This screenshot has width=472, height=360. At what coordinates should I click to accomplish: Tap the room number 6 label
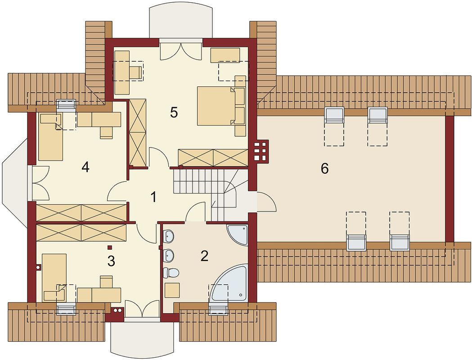(x=324, y=168)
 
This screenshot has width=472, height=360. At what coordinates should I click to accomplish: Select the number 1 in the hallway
(x=153, y=197)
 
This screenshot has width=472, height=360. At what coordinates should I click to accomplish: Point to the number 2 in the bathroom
(x=204, y=256)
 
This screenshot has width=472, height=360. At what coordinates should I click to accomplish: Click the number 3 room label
(x=112, y=261)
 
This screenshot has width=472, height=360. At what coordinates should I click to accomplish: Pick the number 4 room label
(x=86, y=167)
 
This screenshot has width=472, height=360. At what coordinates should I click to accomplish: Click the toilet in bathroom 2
(x=171, y=273)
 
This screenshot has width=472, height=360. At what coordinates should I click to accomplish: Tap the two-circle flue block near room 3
(x=117, y=310)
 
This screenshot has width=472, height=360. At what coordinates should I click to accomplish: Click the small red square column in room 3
(x=110, y=247)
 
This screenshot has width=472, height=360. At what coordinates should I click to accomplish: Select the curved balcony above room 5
(x=181, y=22)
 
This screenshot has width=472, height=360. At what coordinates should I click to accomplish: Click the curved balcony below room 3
(x=142, y=339)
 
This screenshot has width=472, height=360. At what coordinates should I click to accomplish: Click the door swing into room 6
(x=267, y=202)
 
